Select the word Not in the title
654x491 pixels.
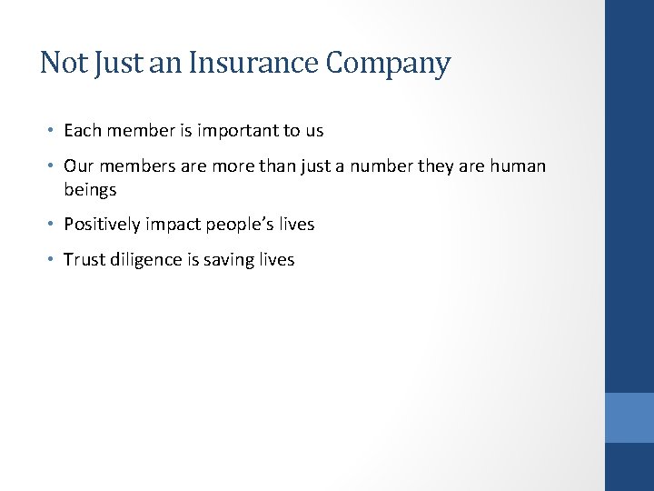tap(62, 63)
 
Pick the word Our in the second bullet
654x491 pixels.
tap(77, 166)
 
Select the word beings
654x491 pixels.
tap(90, 190)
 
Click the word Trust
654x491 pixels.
tap(84, 260)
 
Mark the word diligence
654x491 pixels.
tap(146, 260)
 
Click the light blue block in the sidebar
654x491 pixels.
tap(629, 417)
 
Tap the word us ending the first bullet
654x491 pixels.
tap(314, 131)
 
